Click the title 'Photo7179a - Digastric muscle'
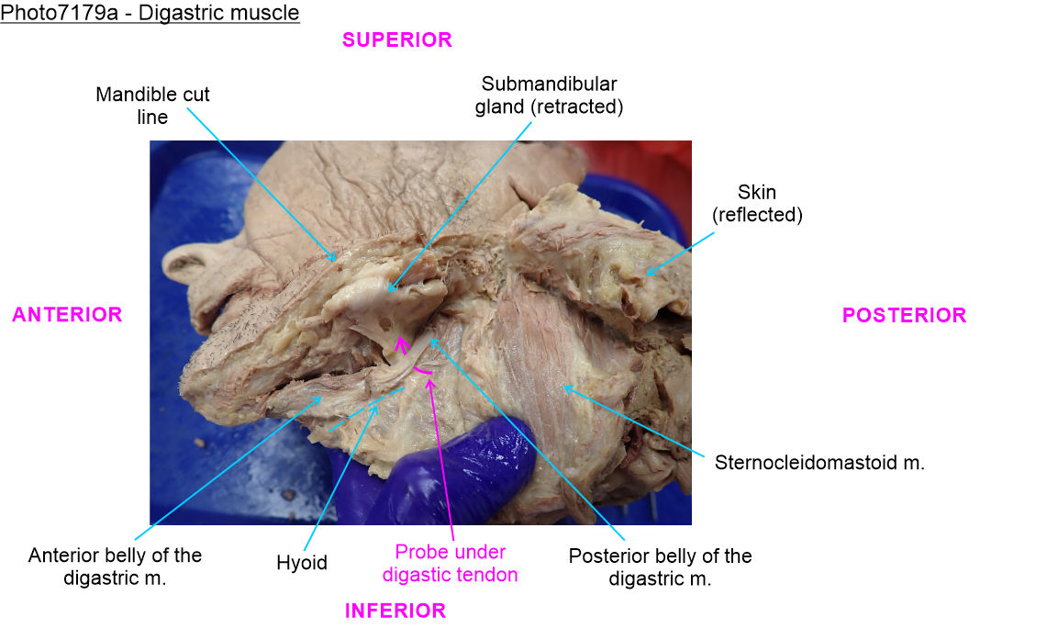[150, 14]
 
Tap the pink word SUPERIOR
[396, 40]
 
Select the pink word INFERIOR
[395, 611]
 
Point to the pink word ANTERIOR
[67, 315]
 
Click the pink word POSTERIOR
[904, 316]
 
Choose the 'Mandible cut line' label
[152, 106]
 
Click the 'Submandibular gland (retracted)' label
[549, 95]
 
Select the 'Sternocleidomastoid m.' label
[819, 463]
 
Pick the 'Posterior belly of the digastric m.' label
[660, 567]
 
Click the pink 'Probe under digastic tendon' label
[450, 564]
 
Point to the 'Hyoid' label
[301, 563]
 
